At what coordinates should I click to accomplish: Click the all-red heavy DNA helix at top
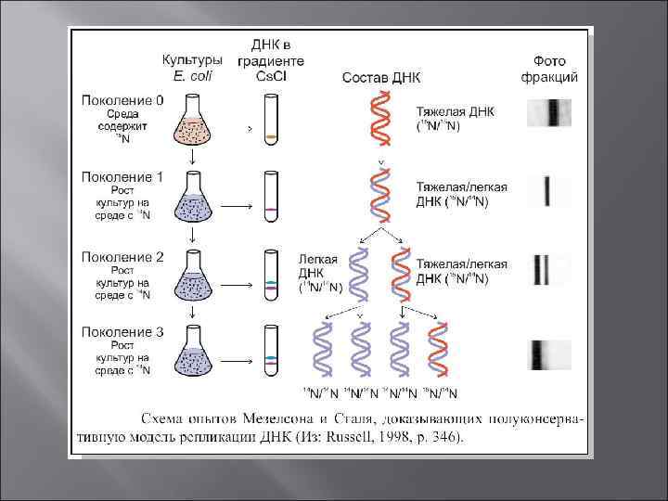380,119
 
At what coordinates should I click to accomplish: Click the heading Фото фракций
556,68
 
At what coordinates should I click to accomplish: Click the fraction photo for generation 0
549,112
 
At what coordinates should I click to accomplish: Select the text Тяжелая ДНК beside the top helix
456,111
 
